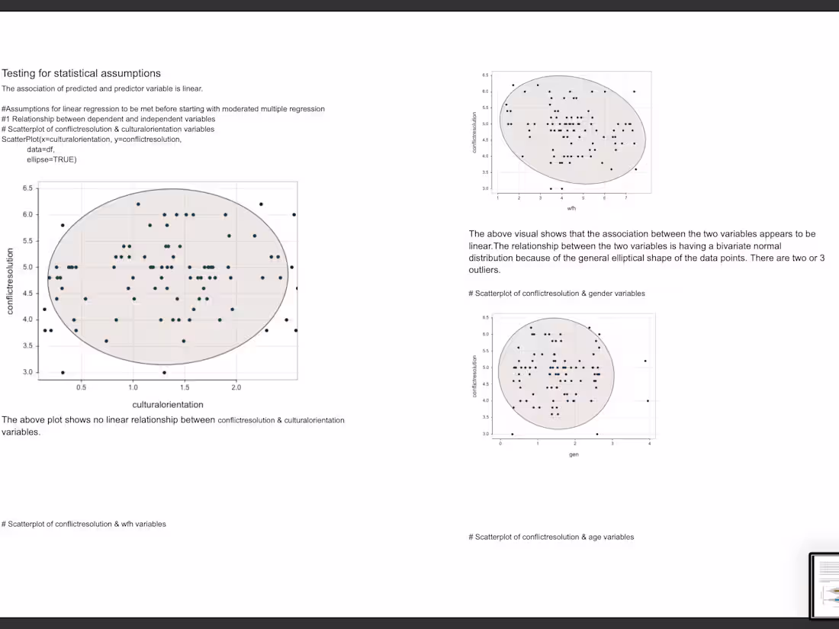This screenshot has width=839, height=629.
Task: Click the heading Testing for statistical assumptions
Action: click(x=81, y=74)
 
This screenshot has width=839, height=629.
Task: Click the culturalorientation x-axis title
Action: click(x=168, y=404)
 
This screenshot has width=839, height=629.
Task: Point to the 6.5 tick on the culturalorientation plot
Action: click(x=27, y=188)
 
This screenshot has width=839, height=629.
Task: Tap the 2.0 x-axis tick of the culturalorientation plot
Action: click(x=236, y=387)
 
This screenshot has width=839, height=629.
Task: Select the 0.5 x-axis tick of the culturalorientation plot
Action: click(x=81, y=387)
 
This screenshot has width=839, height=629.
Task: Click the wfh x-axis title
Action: click(x=571, y=207)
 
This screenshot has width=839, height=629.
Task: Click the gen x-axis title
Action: click(x=574, y=454)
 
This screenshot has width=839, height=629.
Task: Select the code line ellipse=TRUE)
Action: click(x=52, y=159)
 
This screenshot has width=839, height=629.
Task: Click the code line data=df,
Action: click(x=40, y=149)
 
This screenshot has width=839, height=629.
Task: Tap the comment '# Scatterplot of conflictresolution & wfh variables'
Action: click(x=84, y=524)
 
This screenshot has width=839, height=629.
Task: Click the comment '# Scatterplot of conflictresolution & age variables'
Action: click(x=551, y=537)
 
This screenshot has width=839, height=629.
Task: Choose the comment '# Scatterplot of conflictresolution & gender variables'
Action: click(x=556, y=294)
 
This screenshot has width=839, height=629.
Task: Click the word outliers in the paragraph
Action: click(x=484, y=270)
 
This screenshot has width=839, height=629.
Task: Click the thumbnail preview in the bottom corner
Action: click(x=824, y=586)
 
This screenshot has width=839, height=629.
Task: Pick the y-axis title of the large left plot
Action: click(x=10, y=281)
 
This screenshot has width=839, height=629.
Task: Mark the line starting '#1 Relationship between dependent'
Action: click(x=108, y=119)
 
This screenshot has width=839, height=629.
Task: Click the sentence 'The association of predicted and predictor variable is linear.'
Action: click(x=102, y=88)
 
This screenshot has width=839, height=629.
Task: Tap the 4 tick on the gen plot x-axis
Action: click(x=649, y=443)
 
